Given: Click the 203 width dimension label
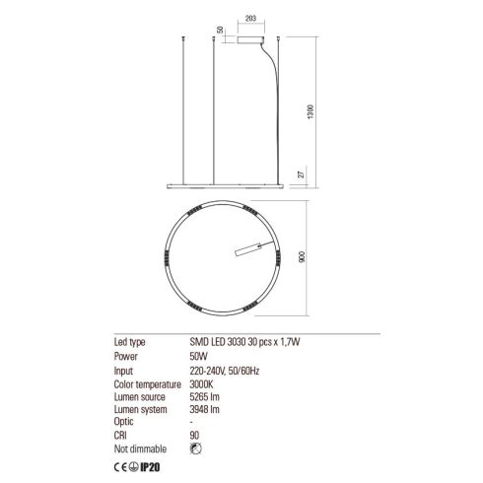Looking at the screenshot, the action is tap(250, 19).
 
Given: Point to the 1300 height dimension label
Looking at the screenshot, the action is tap(310, 111).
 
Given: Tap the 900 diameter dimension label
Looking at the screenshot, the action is tap(302, 256).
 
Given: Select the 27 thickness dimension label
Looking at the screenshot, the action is tap(302, 173).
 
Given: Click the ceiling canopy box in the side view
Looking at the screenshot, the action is tap(250, 39).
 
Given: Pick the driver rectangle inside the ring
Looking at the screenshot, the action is tap(248, 249).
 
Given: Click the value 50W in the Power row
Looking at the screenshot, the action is tap(198, 357).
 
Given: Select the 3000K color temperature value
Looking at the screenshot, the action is tap(201, 384).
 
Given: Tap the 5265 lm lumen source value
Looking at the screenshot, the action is tap(204, 397).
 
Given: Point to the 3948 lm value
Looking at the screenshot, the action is tap(204, 409).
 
